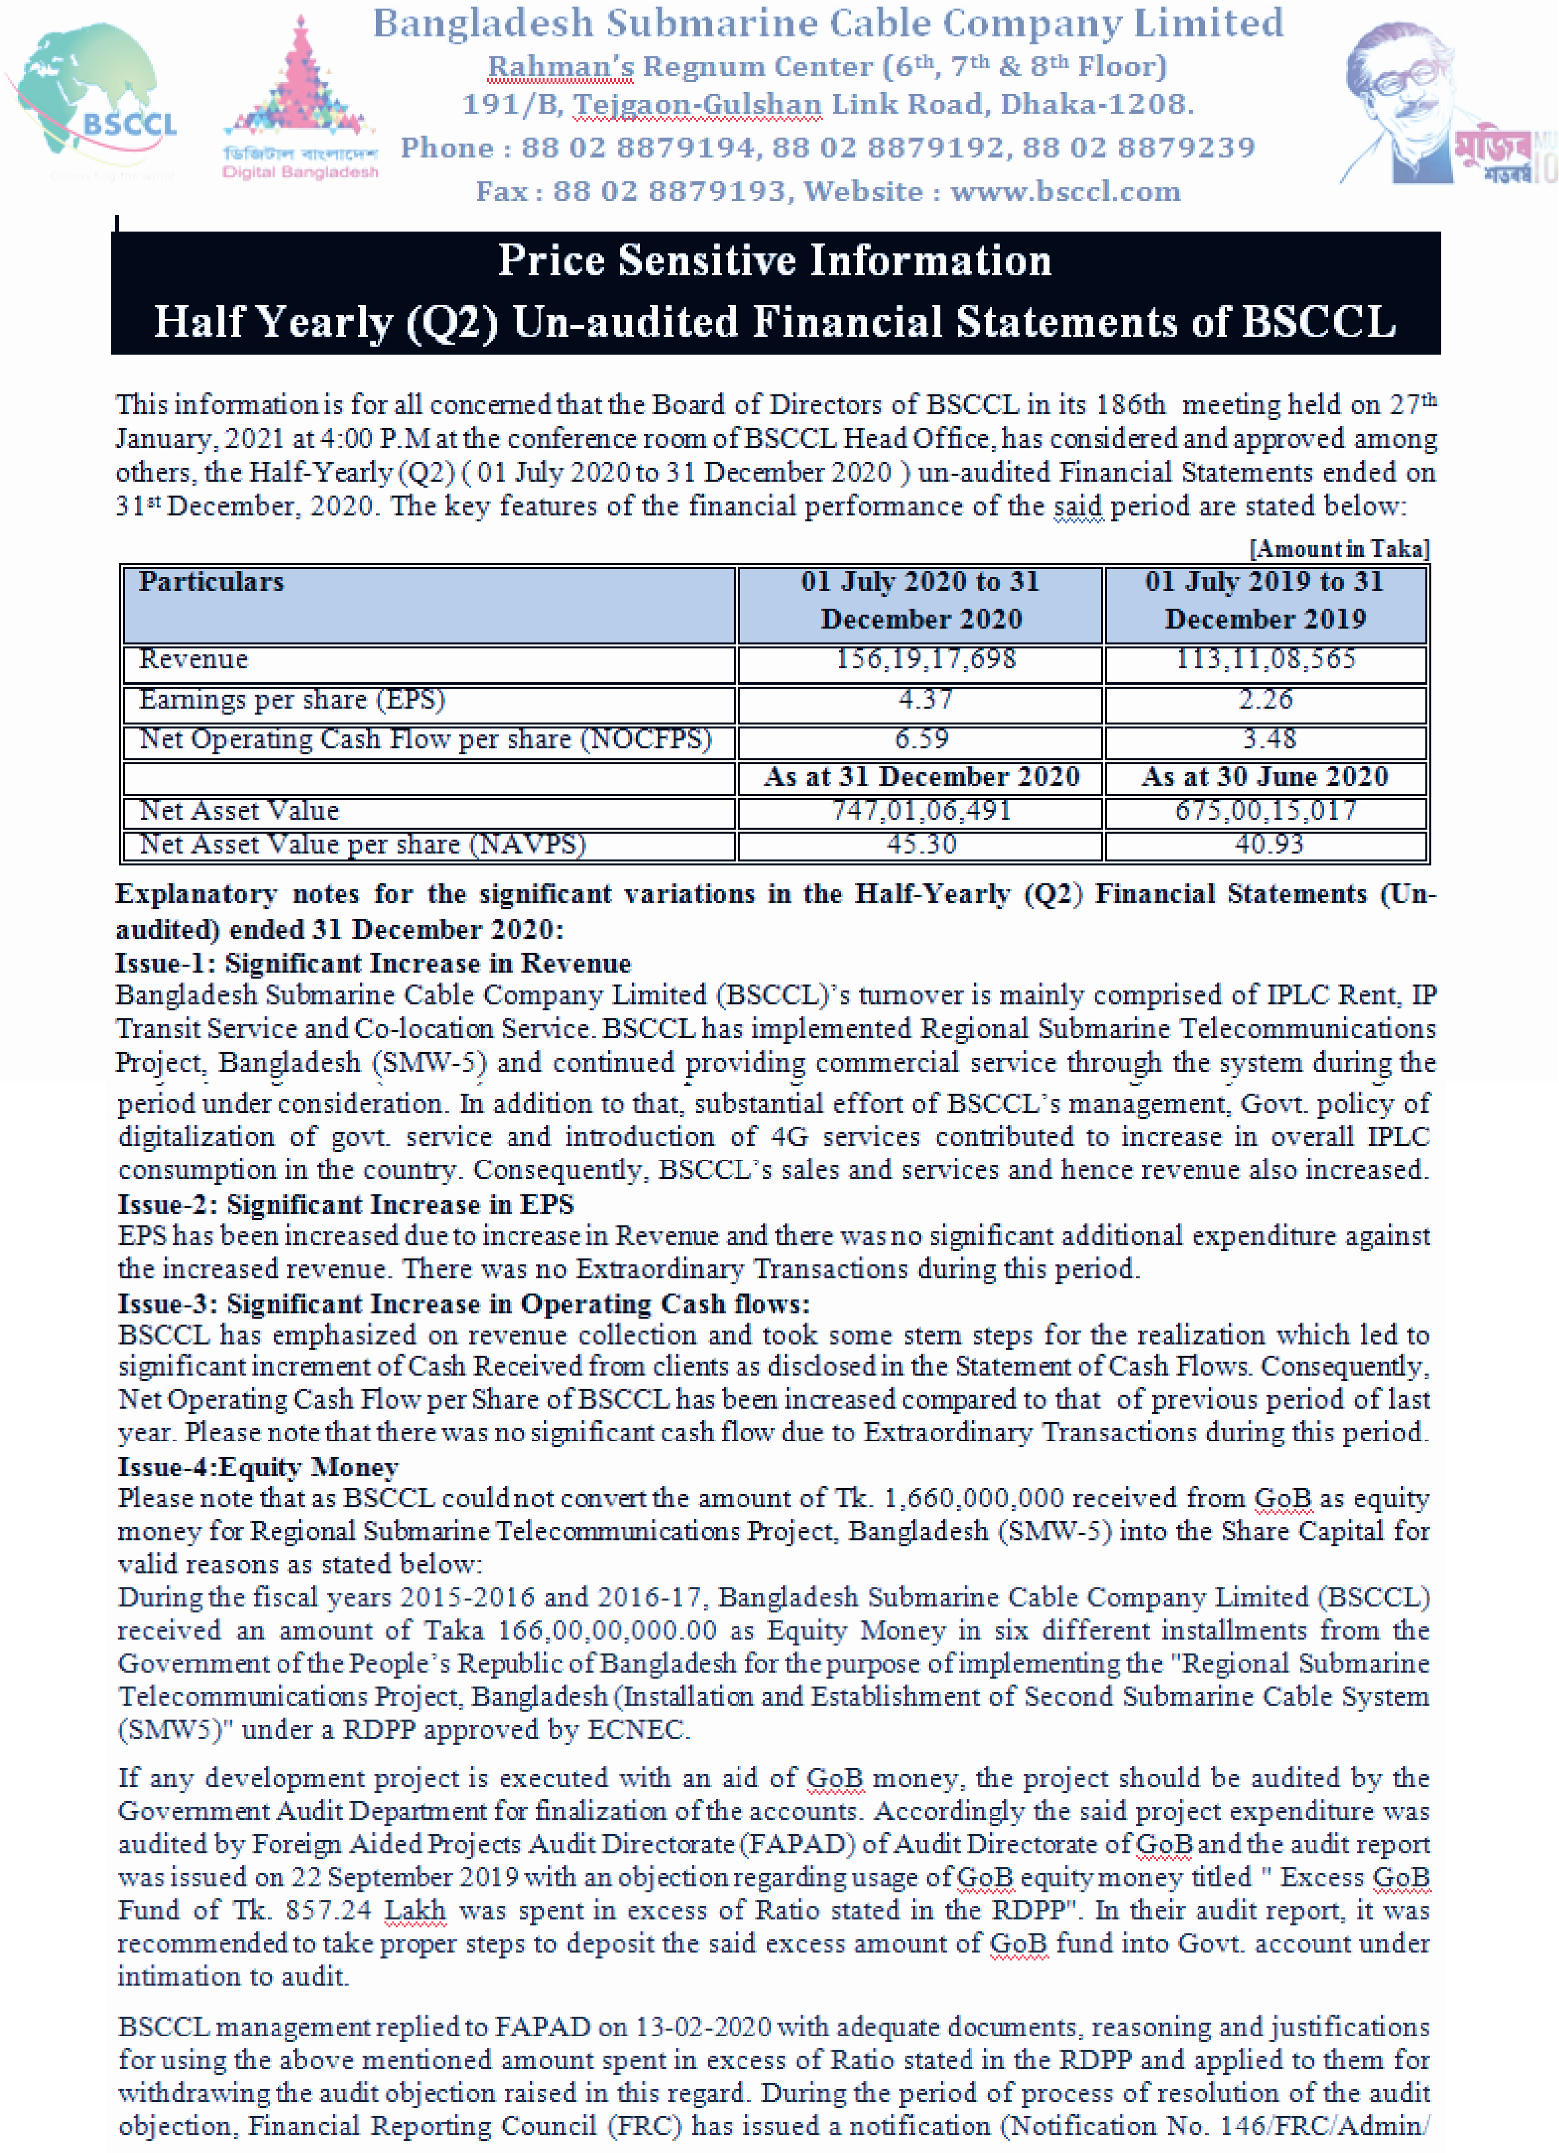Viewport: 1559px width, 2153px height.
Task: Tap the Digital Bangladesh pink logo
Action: (300, 100)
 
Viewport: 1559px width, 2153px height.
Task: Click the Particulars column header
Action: (211, 582)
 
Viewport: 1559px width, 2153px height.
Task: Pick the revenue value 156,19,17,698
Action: (925, 659)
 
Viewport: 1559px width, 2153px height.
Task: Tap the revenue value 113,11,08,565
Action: (1266, 659)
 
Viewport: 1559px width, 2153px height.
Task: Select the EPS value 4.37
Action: (925, 699)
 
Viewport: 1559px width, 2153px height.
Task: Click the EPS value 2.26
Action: (1266, 699)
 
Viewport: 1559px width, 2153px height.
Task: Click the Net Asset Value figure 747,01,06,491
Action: (922, 810)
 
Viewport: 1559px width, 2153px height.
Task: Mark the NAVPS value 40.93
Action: (1269, 844)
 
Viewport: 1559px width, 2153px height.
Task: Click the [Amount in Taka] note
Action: (1339, 549)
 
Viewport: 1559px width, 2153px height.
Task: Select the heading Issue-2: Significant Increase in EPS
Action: (345, 1205)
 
